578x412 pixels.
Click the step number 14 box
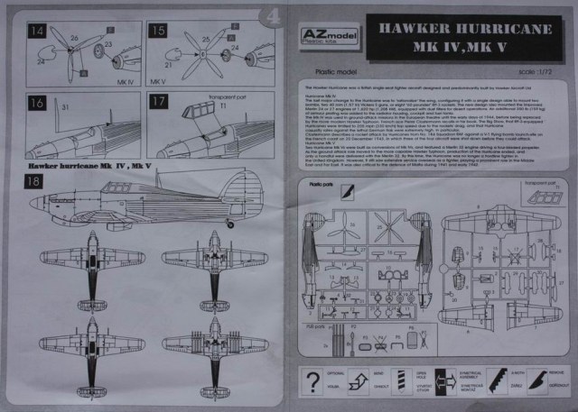point(39,32)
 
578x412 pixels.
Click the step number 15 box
point(157,32)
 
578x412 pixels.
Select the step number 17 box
point(157,102)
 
